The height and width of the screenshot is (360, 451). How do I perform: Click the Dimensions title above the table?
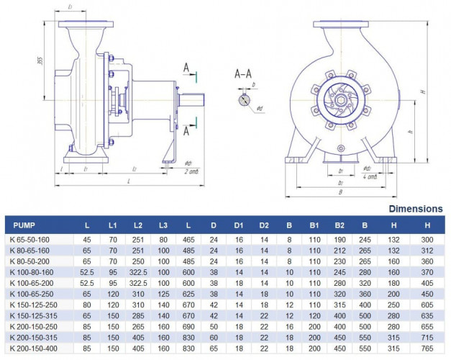(x=416, y=209)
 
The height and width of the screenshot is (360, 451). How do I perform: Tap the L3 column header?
(x=163, y=225)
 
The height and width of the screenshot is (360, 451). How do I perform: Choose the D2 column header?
(x=264, y=225)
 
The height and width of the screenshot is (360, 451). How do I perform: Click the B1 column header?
(x=314, y=225)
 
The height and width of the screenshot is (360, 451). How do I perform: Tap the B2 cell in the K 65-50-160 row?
(x=340, y=239)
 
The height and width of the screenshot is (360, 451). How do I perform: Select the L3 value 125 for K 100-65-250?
(x=163, y=293)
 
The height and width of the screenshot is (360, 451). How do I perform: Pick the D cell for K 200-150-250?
(x=214, y=325)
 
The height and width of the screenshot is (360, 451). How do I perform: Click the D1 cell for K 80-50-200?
(x=239, y=261)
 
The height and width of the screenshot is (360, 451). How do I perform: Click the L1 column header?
(x=113, y=225)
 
